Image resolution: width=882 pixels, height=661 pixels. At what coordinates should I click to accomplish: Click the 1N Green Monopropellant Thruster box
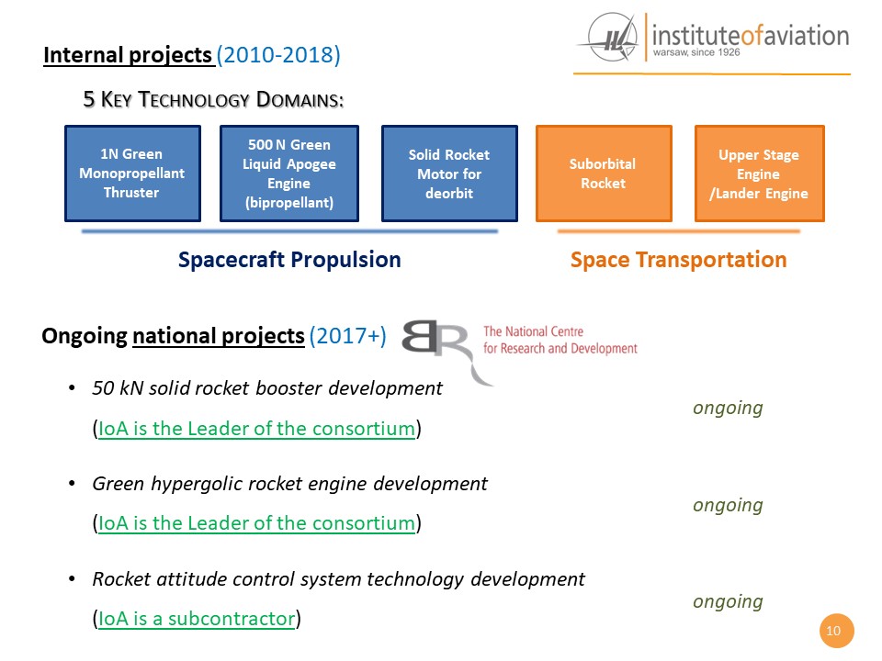coord(132,174)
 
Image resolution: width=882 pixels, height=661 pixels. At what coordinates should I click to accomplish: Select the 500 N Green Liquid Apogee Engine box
coord(289,174)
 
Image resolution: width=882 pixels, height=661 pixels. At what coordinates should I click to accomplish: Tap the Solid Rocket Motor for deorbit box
coord(449,174)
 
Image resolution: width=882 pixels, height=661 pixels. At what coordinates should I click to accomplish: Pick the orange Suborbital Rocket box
coord(604,174)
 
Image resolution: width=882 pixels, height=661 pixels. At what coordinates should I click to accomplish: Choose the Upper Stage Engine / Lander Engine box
coord(760,174)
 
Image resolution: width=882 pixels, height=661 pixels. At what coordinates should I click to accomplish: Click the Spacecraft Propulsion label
coord(289,260)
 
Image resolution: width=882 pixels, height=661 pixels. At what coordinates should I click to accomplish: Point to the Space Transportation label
coord(678,260)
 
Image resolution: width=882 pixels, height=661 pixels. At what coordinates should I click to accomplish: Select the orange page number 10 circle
coord(836,631)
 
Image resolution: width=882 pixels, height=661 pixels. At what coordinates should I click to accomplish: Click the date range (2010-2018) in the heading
coord(278,55)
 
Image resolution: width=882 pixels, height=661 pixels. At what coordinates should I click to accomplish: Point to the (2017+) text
coord(347,336)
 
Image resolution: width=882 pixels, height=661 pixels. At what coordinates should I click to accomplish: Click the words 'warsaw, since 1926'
coord(696,52)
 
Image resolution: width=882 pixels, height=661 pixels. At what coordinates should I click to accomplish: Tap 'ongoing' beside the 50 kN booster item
coord(728,408)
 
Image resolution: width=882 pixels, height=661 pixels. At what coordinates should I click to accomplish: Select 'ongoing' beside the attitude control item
coord(728,601)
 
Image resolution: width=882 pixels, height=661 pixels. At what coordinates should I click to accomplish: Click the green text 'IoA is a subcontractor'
coord(197,619)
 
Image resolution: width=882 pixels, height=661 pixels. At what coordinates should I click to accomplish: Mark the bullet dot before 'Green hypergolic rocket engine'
coord(72,484)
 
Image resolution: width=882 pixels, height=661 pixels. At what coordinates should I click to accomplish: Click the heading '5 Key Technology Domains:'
coord(213,99)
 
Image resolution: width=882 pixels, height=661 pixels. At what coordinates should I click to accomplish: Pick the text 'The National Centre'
coord(533,331)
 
